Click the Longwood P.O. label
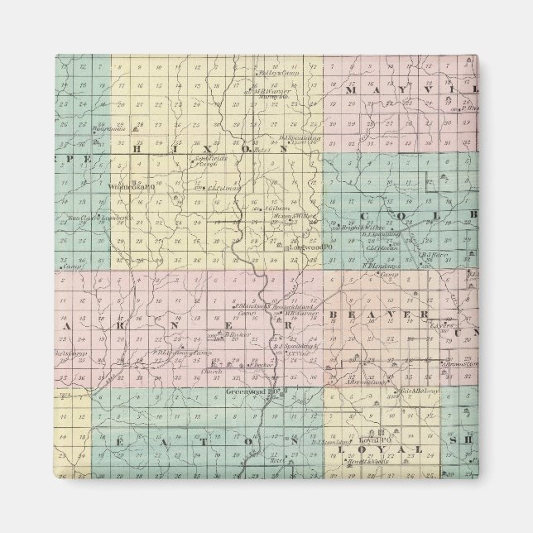(x=310, y=247)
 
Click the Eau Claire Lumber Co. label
(x=89, y=218)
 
